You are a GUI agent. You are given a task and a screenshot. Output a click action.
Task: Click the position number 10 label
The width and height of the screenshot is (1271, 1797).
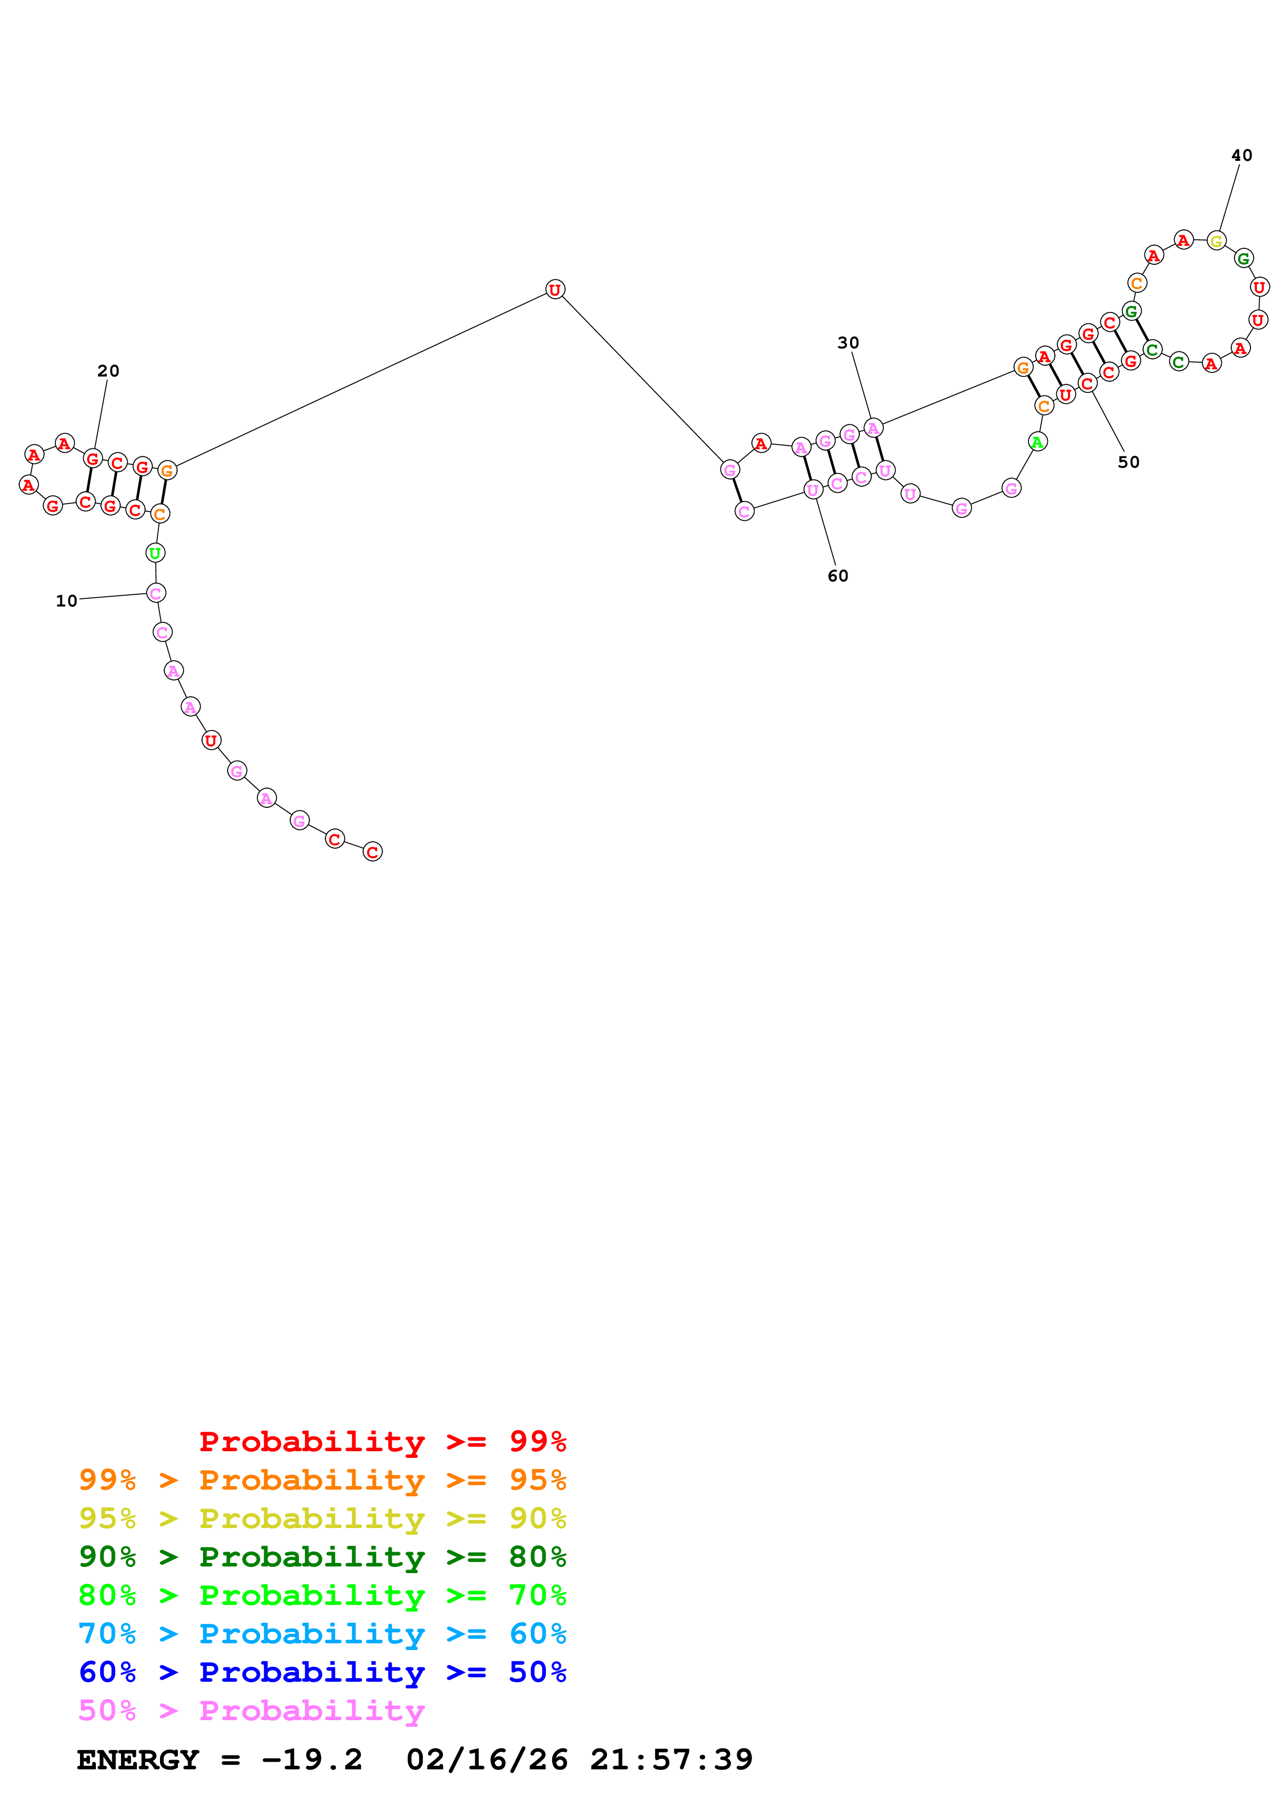[x=67, y=601]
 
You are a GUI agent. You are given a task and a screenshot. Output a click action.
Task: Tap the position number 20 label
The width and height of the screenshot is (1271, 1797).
[x=108, y=371]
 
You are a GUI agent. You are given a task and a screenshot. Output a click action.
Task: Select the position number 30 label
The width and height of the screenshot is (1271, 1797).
[x=848, y=343]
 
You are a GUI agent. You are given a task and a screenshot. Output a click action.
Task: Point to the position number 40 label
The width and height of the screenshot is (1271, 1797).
[x=1241, y=156]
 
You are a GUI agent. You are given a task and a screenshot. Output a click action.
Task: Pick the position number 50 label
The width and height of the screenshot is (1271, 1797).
[x=1128, y=463]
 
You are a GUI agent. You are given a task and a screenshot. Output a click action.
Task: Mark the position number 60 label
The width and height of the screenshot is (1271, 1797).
[x=838, y=576]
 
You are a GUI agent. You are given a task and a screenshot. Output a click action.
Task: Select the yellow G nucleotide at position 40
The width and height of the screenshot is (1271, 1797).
[x=1216, y=241]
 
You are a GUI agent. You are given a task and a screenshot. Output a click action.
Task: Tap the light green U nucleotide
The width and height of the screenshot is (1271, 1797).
[x=155, y=553]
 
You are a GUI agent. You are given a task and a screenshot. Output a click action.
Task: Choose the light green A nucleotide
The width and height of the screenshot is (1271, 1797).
[x=1037, y=442]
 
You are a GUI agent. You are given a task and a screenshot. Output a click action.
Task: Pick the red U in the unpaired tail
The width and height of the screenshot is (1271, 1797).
[x=211, y=740]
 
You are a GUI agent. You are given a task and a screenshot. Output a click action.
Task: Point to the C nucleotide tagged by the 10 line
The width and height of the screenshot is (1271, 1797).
[x=156, y=593]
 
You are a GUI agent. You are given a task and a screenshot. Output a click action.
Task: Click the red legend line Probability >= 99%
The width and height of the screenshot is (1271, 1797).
[x=382, y=1441]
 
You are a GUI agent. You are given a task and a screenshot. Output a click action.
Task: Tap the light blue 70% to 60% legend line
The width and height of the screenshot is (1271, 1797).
[x=322, y=1634]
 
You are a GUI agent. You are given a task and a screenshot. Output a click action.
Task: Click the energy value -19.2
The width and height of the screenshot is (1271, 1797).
[x=312, y=1760]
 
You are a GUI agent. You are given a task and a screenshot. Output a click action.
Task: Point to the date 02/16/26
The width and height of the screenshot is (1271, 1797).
[x=487, y=1760]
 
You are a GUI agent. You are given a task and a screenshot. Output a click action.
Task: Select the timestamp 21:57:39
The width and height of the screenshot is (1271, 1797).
[x=671, y=1760]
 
